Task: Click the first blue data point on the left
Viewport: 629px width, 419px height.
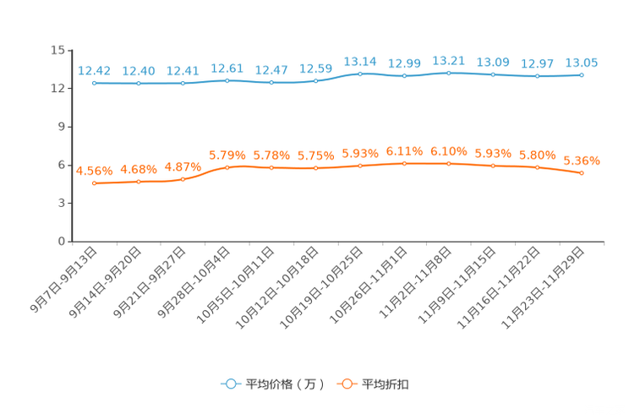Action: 94,83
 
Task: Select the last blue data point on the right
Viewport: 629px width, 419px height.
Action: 582,74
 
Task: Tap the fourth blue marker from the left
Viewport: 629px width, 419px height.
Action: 227,80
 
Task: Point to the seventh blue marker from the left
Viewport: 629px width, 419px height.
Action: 360,73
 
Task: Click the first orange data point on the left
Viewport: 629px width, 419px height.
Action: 94,182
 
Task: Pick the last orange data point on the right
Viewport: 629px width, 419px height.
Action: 582,172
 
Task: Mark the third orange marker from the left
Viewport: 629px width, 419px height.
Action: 183,178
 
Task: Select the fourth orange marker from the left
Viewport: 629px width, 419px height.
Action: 227,167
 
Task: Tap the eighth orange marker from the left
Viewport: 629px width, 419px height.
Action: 404,163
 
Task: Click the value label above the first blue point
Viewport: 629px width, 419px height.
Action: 94,70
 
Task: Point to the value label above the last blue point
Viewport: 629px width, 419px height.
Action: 582,62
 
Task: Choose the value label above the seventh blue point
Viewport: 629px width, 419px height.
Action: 360,61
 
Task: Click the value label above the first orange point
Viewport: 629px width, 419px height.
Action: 94,170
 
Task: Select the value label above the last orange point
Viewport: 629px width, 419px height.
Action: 582,160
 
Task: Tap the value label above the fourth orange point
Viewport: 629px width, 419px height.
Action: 227,155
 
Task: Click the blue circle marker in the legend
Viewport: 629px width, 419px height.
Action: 230,384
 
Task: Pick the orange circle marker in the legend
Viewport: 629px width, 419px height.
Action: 346,384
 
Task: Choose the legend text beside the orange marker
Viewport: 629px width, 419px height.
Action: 386,384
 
